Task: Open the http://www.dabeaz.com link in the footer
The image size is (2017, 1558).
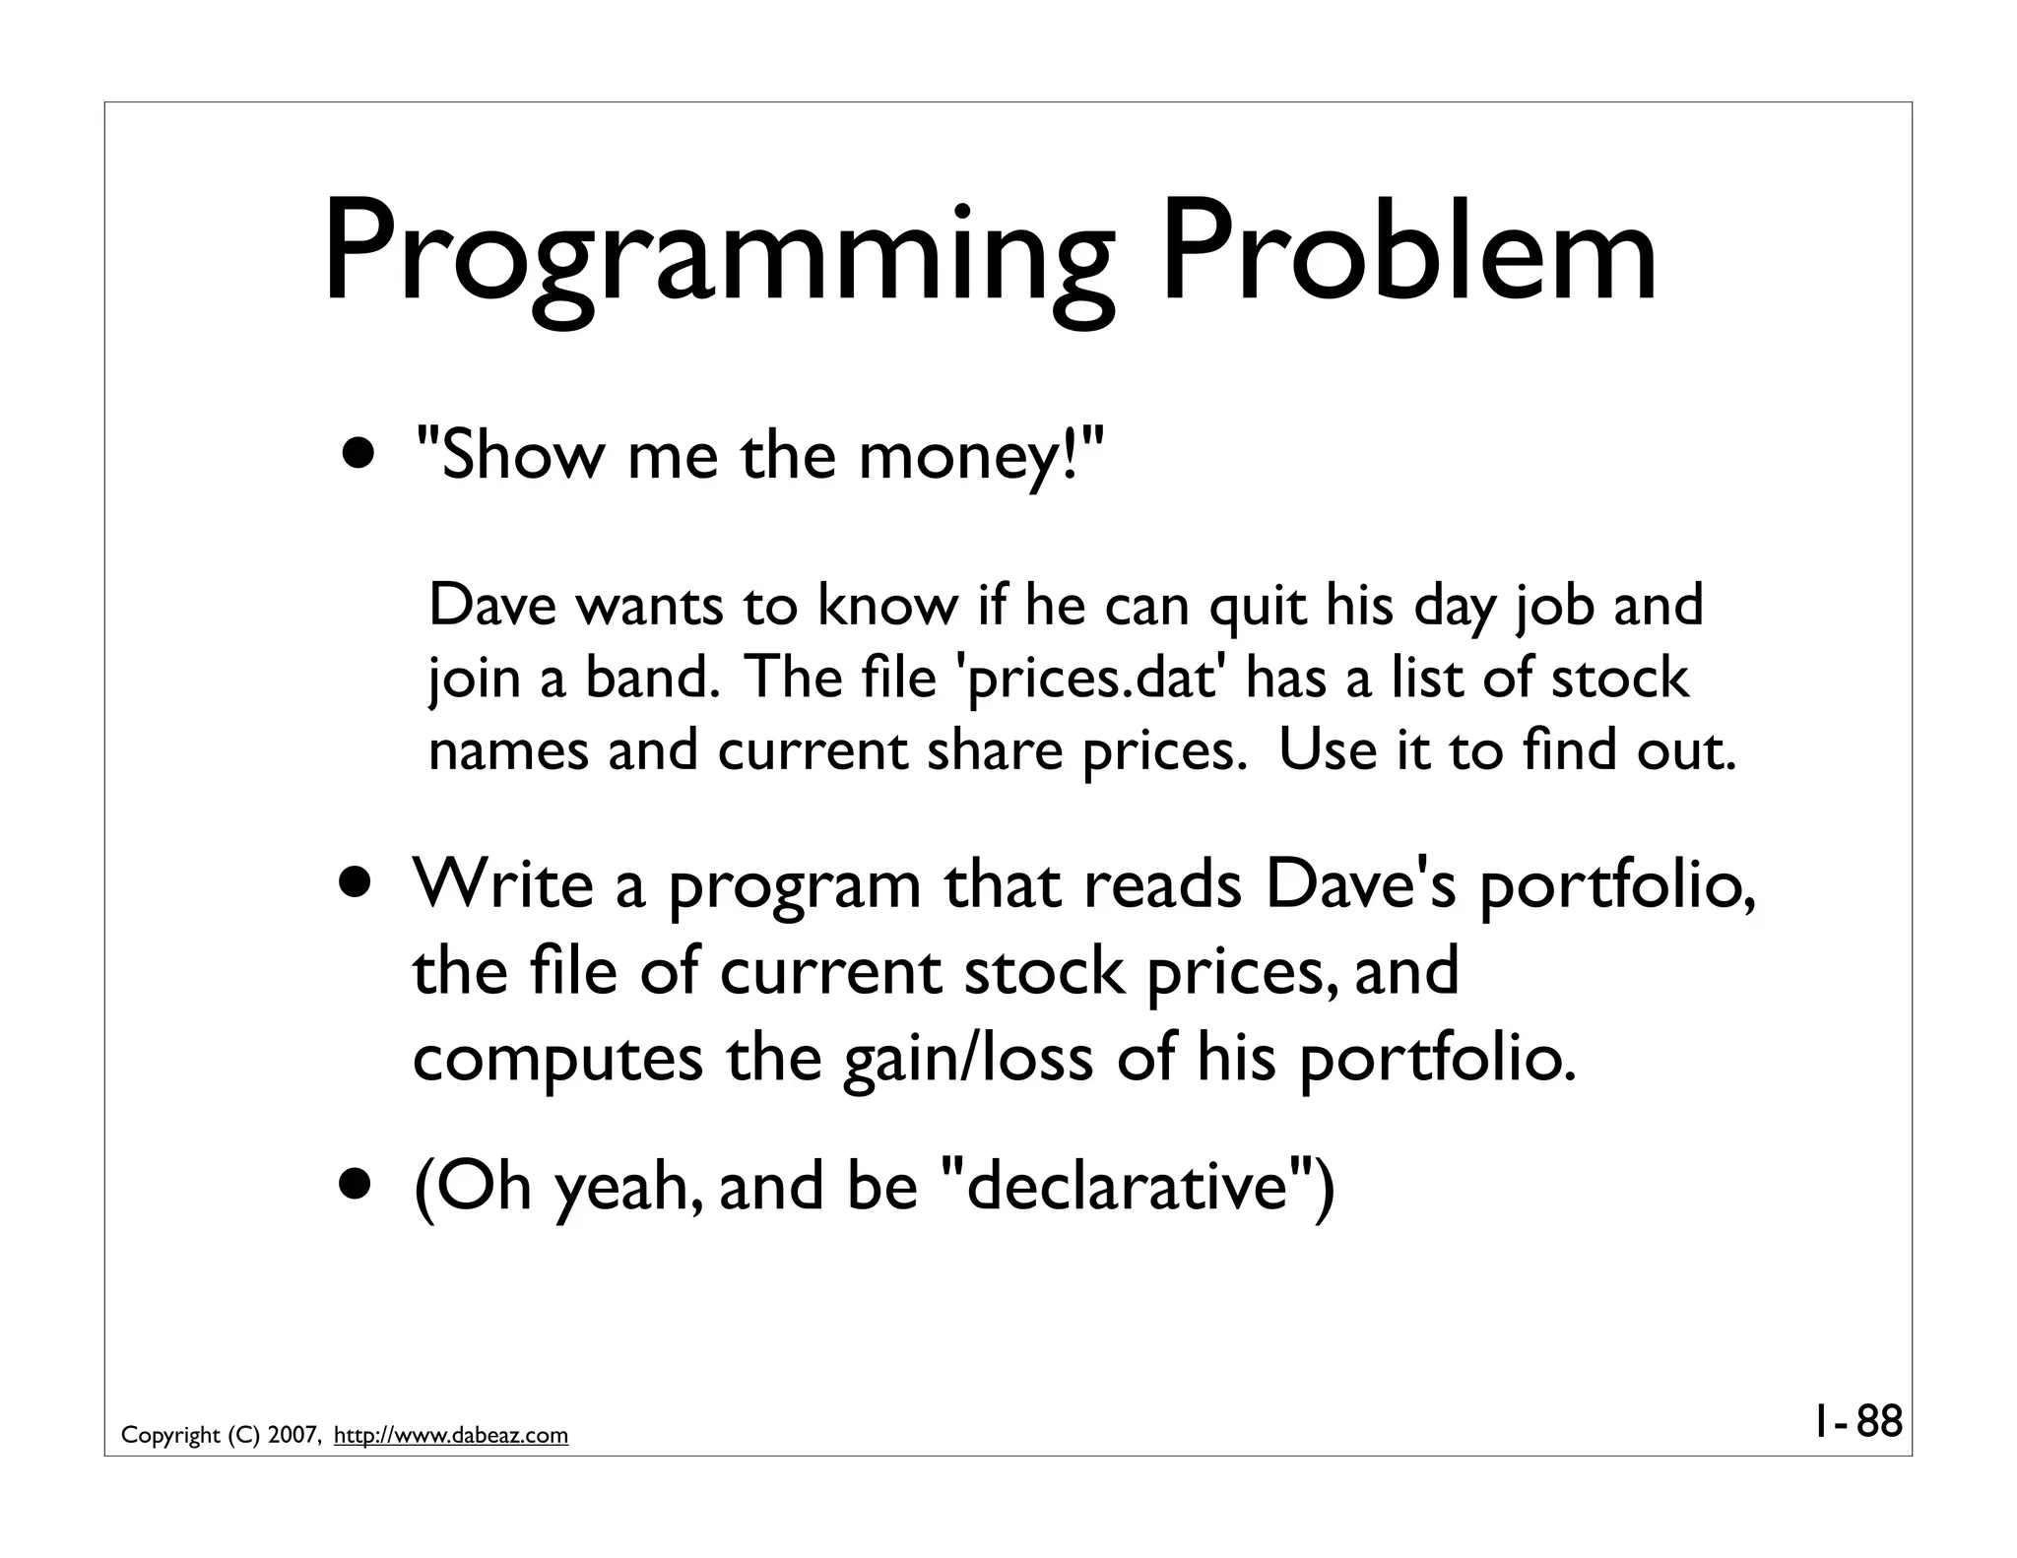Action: tap(451, 1436)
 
